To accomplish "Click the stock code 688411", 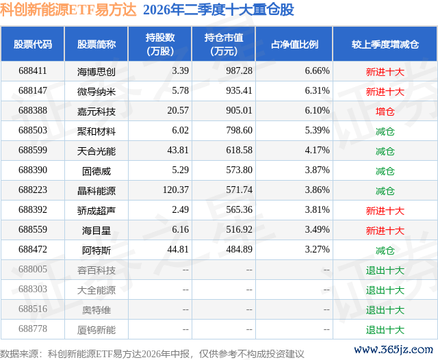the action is tap(33, 71).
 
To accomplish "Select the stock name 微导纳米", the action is tap(96, 92).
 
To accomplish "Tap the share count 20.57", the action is tap(178, 111).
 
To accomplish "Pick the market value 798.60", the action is tap(239, 131).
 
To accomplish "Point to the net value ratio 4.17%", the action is tap(317, 151).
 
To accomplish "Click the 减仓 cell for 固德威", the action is tap(385, 171).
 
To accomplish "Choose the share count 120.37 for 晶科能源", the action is tap(176, 190).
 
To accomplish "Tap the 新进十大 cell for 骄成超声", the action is tap(385, 211).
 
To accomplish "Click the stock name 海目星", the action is tap(96, 231).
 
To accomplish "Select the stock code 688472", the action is tap(33, 249).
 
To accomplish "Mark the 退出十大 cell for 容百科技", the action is tap(385, 270).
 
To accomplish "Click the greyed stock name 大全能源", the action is tap(96, 290).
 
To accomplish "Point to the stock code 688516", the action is tap(33, 309).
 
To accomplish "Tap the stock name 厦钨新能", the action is tap(96, 330).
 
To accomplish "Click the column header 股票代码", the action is tap(33, 44).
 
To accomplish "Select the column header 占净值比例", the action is tap(294, 44).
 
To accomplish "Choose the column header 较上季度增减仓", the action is tap(385, 44).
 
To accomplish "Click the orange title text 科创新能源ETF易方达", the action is tap(68, 10).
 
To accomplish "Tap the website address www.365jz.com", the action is tap(394, 350).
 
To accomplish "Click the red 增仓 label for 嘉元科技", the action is tap(385, 112).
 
